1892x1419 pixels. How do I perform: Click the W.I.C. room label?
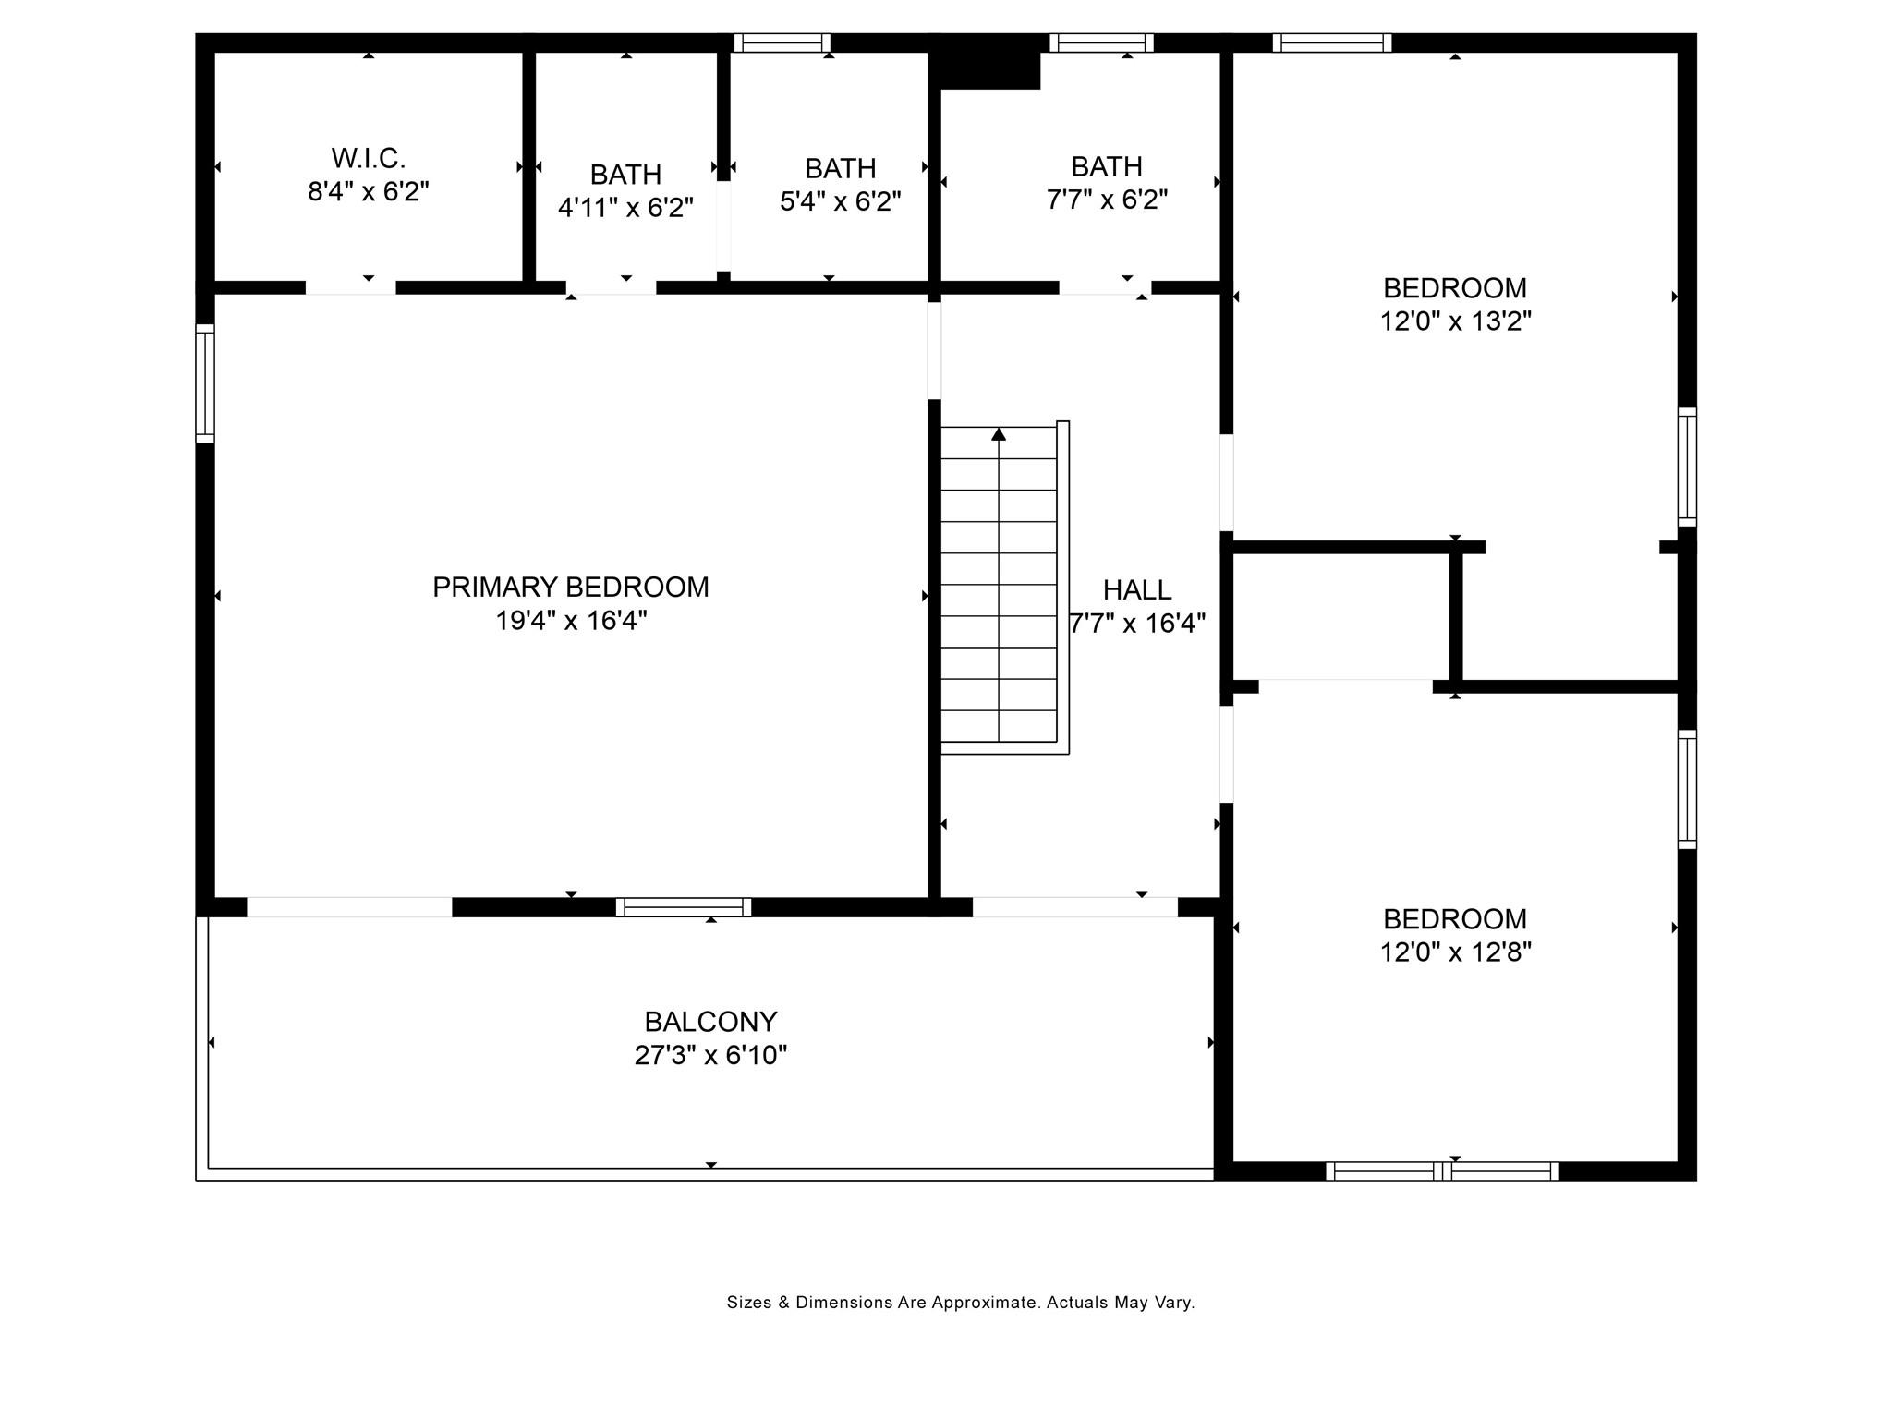[x=368, y=159]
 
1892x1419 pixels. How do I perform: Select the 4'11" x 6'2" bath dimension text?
[x=625, y=208]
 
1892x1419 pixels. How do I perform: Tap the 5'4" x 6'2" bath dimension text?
[x=840, y=201]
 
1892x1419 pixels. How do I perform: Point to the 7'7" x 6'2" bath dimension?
[x=1107, y=200]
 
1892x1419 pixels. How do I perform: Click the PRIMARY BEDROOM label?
[x=571, y=588]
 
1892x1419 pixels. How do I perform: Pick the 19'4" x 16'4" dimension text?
[x=571, y=621]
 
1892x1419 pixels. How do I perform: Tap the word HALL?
[x=1137, y=589]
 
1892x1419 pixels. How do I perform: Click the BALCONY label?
[x=710, y=1022]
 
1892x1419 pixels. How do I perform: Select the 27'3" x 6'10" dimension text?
[x=710, y=1055]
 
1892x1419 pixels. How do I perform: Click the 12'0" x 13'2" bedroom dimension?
[x=1456, y=321]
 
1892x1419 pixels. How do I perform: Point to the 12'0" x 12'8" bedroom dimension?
[x=1456, y=952]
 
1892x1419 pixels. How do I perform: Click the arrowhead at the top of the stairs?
[x=999, y=433]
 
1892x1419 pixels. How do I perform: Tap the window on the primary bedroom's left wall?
[x=205, y=383]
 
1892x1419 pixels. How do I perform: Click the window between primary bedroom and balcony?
[x=684, y=907]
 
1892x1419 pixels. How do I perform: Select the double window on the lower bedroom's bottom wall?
[x=1442, y=1171]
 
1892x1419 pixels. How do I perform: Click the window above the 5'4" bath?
[x=782, y=42]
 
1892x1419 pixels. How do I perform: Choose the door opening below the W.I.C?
[x=351, y=287]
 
